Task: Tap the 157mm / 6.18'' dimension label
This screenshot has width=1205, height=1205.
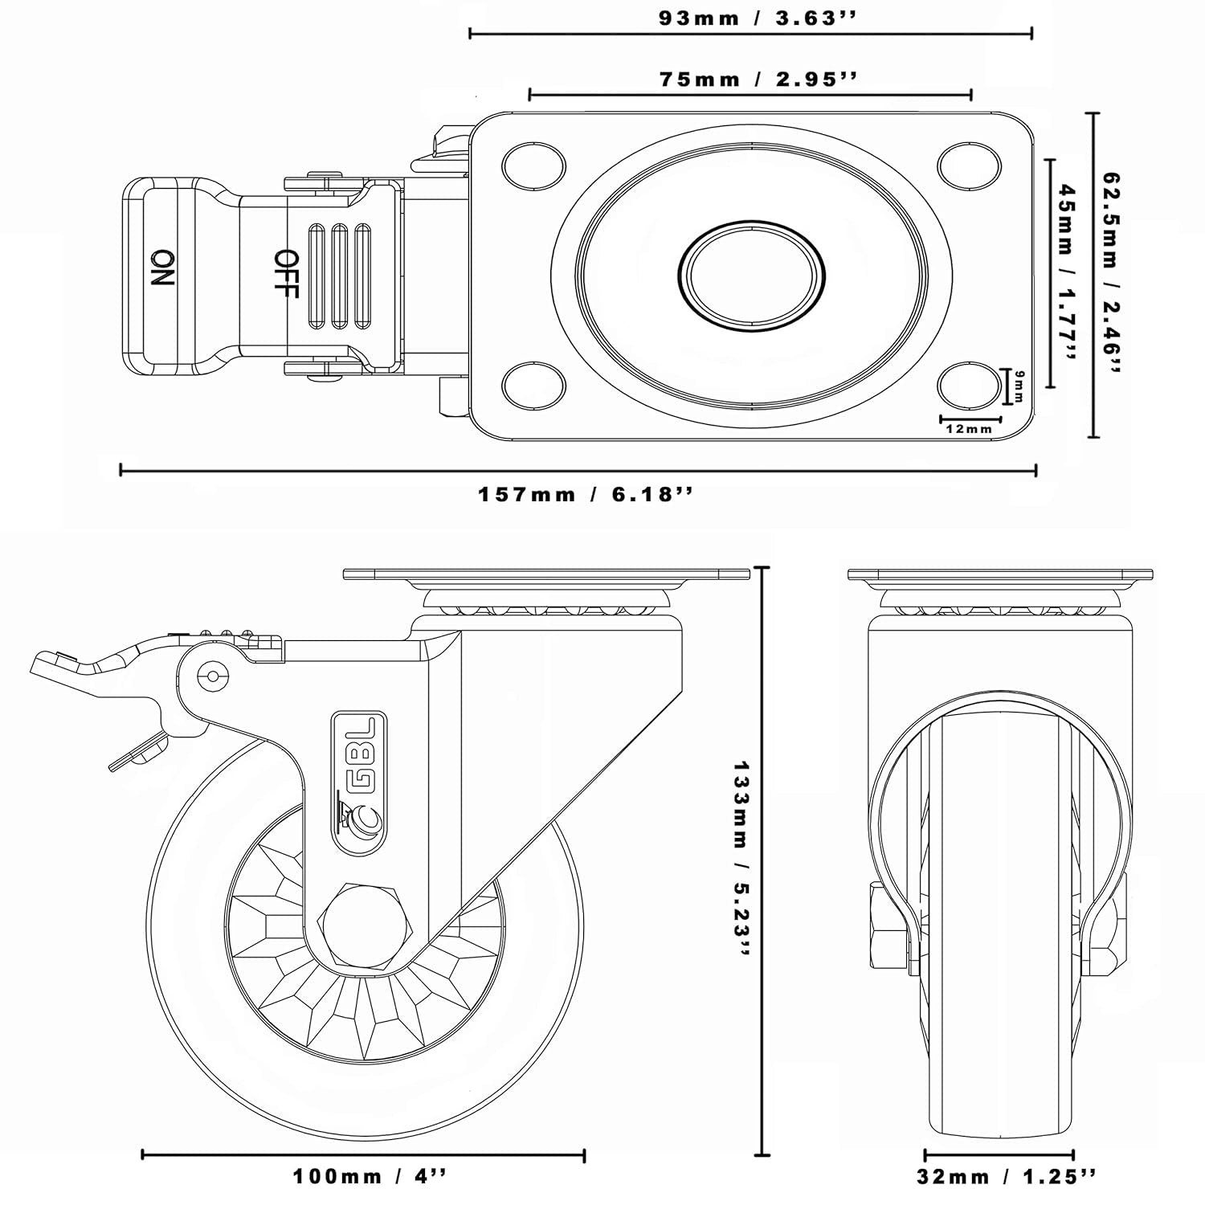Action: point(585,494)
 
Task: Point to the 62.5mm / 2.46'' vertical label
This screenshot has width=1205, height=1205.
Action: point(1112,274)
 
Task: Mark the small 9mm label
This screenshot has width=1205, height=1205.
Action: point(1019,386)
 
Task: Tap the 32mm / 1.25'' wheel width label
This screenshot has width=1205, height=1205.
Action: point(1006,1178)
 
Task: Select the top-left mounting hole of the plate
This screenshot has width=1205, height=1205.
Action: point(532,164)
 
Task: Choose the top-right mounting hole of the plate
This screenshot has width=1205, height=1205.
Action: point(969,163)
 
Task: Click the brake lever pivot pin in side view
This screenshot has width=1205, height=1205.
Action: point(213,676)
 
